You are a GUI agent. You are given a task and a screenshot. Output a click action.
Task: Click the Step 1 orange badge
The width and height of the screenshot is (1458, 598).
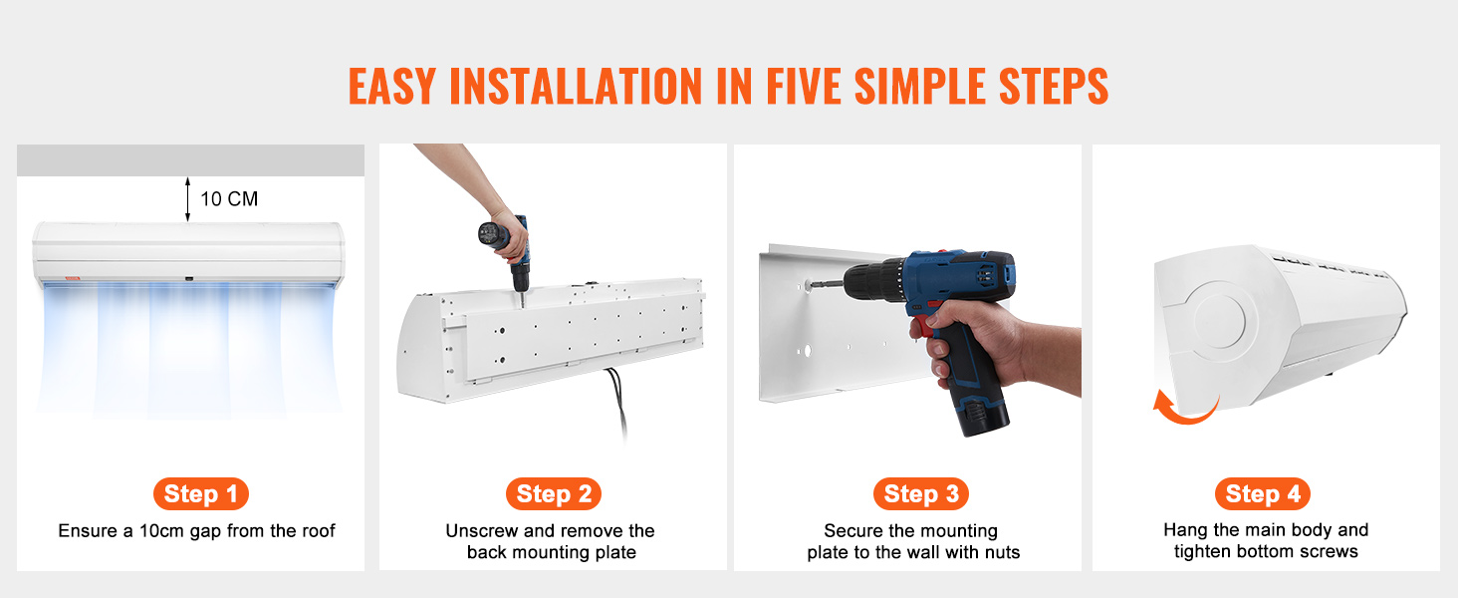pos(200,493)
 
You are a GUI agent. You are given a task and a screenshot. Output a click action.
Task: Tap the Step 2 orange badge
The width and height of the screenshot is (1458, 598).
pos(554,493)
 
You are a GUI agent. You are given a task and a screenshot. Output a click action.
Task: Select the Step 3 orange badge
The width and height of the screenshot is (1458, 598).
pos(921,493)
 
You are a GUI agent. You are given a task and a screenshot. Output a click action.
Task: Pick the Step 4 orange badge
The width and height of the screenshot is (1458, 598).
pos(1262,493)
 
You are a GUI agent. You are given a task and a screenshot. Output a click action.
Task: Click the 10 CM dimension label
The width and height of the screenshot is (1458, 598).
pos(229,198)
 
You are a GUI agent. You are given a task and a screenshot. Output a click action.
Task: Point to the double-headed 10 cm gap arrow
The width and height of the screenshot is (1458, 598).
pos(187,198)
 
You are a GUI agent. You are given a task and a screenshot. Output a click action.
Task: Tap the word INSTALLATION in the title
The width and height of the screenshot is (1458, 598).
pos(576,86)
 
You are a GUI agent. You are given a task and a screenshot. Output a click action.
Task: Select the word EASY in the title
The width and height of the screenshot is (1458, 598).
pos(391,86)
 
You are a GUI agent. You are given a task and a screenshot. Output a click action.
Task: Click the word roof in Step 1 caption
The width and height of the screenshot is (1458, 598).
pos(318,531)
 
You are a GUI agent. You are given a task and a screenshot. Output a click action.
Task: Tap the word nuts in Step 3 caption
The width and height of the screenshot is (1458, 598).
pos(1002,552)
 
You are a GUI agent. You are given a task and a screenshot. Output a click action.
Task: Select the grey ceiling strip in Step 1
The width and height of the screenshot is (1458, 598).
pos(190,160)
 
